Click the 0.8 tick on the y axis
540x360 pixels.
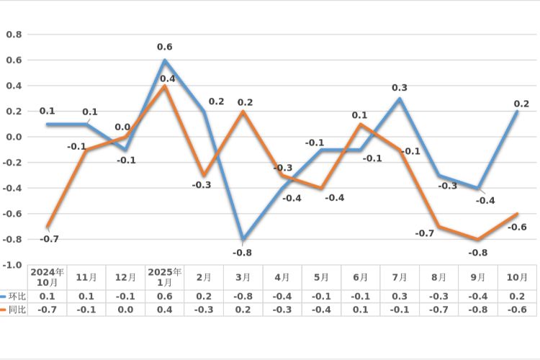click(14, 35)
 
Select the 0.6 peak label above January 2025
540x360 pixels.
click(165, 48)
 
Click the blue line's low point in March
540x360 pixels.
click(243, 239)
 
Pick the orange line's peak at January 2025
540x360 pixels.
click(165, 86)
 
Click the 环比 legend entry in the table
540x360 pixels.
click(14, 296)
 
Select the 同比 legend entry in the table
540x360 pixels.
click(14, 309)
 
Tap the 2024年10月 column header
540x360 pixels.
click(47, 276)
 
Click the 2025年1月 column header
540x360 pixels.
click(165, 276)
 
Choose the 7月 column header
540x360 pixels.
click(400, 277)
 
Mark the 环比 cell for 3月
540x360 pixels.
click(243, 296)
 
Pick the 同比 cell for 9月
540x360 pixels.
click(479, 309)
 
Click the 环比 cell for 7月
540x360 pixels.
click(400, 296)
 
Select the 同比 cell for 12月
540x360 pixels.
click(125, 309)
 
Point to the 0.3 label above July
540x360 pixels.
click(400, 88)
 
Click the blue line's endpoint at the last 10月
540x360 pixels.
click(518, 112)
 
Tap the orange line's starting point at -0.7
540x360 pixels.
click(48, 226)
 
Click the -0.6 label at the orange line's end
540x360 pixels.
click(517, 228)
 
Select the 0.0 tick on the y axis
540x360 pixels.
click(14, 137)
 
